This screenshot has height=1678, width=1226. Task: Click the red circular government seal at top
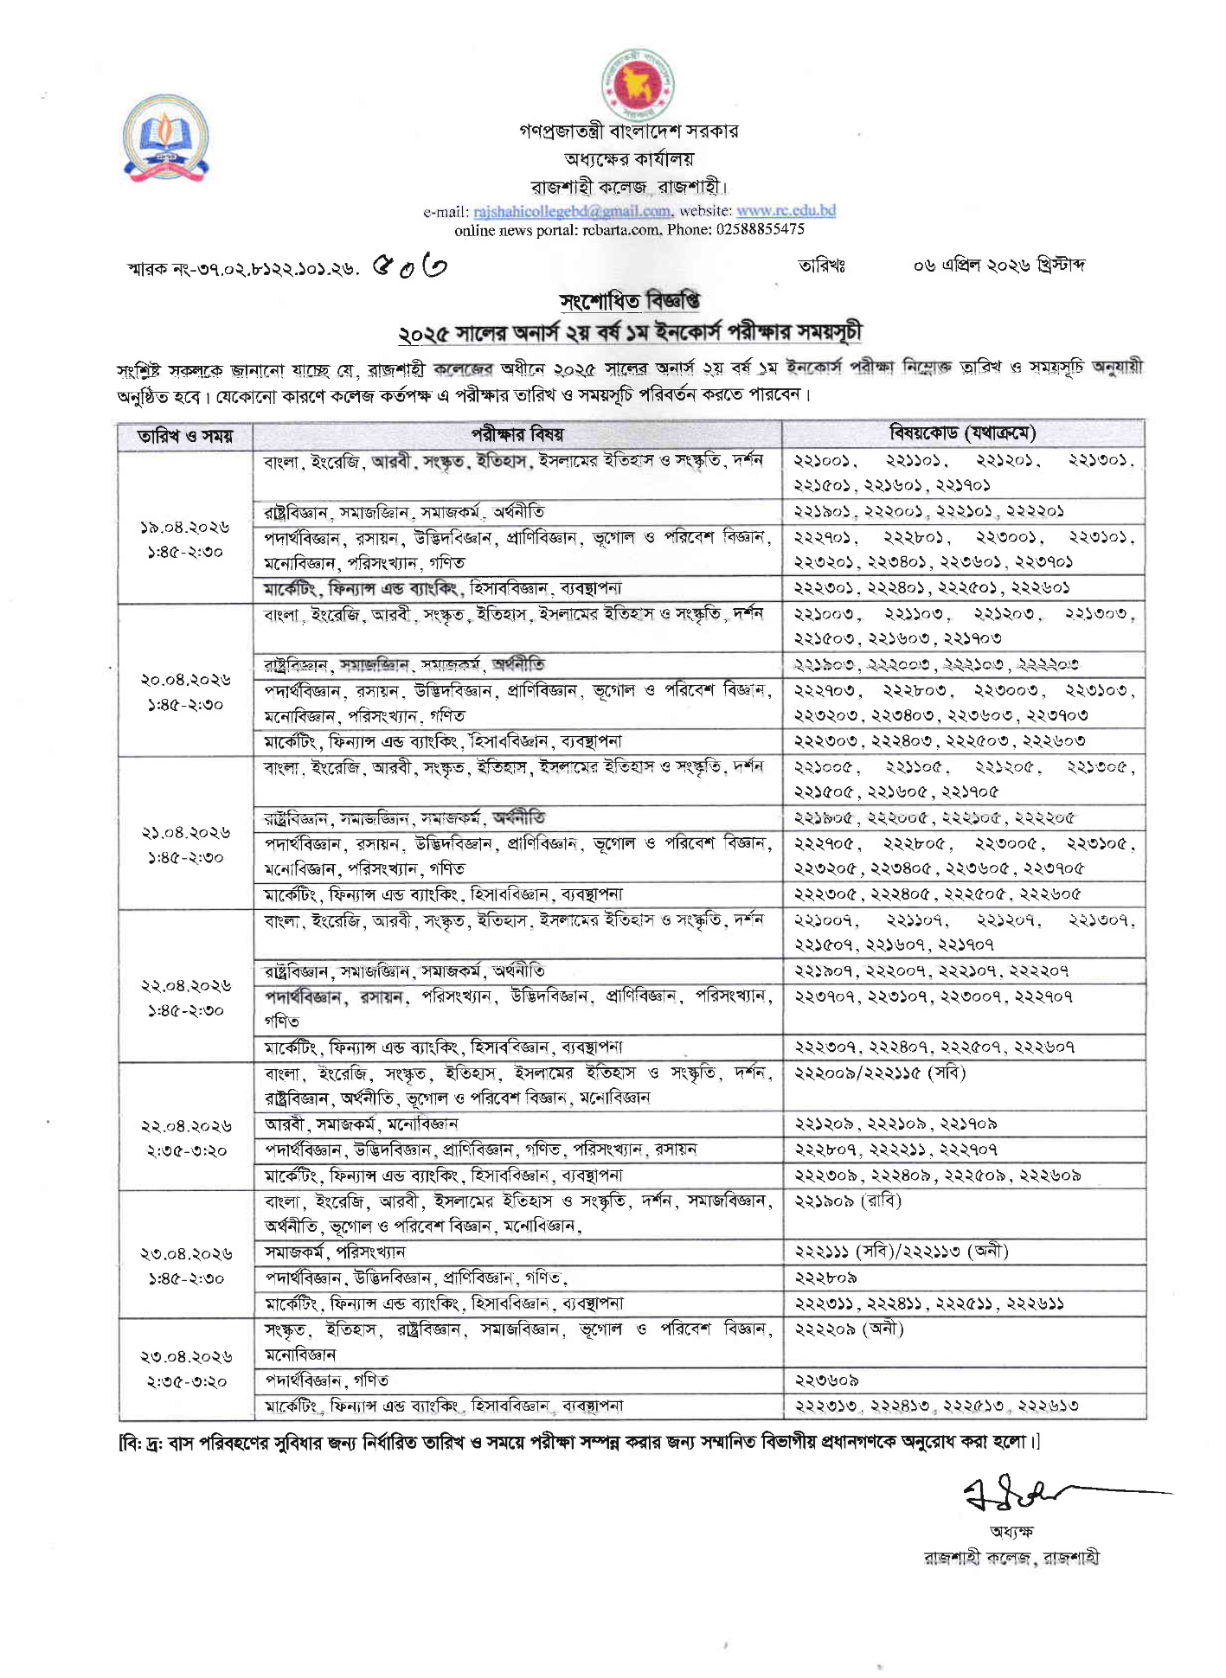(x=637, y=84)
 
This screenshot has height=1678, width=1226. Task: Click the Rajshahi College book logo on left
(x=165, y=138)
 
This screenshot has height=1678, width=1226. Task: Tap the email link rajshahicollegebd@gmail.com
(x=572, y=211)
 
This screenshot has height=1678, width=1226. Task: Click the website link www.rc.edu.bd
(x=786, y=210)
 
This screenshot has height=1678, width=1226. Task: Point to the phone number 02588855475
(x=761, y=230)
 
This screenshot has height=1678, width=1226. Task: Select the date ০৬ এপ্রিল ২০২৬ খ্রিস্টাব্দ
(x=998, y=265)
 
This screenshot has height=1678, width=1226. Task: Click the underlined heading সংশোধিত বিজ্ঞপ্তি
(x=630, y=301)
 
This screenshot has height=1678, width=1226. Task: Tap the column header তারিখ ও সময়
(x=185, y=435)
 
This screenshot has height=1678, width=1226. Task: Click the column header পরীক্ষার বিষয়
(x=517, y=434)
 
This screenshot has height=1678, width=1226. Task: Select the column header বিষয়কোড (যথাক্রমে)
(x=963, y=433)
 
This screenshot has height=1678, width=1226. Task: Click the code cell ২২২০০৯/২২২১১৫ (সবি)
(x=879, y=1073)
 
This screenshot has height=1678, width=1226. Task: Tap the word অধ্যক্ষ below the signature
(x=1011, y=1531)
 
